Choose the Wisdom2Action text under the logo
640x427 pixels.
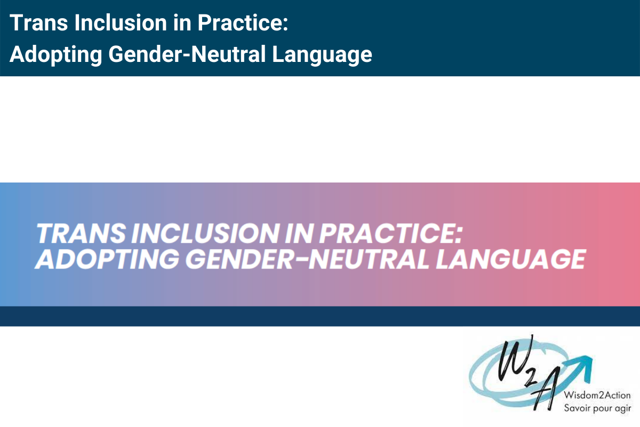tap(598, 396)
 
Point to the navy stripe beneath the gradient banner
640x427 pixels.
tap(320, 316)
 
